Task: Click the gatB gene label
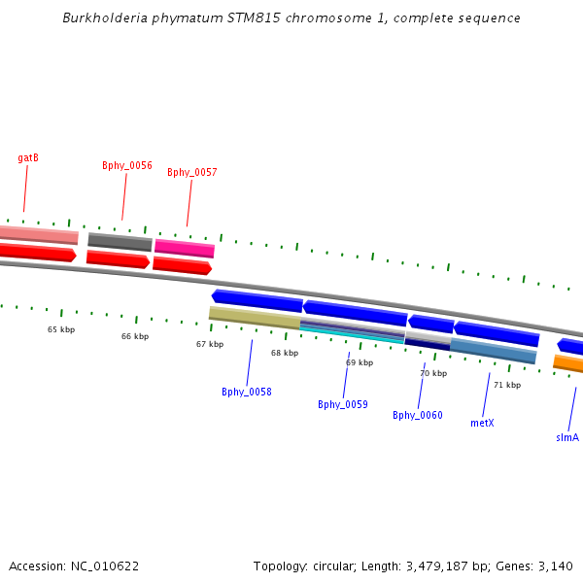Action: pyautogui.click(x=28, y=157)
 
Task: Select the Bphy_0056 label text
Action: pyautogui.click(x=127, y=165)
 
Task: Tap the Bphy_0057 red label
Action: pyautogui.click(x=192, y=172)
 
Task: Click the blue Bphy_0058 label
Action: pyautogui.click(x=247, y=392)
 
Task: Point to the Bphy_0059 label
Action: pyautogui.click(x=343, y=404)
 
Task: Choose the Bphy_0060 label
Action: pyautogui.click(x=418, y=415)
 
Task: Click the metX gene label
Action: pyautogui.click(x=483, y=423)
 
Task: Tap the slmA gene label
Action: pyautogui.click(x=567, y=437)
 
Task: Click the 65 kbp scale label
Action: pyautogui.click(x=61, y=329)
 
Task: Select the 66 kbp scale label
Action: pyautogui.click(x=135, y=336)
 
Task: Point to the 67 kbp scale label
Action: pyautogui.click(x=210, y=344)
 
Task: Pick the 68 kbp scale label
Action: pyautogui.click(x=285, y=353)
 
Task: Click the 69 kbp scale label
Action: pyautogui.click(x=360, y=362)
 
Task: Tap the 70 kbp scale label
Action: pyautogui.click(x=433, y=373)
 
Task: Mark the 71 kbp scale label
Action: pyautogui.click(x=507, y=385)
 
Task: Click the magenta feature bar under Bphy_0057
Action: pyautogui.click(x=185, y=248)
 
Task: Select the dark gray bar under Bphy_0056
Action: pyautogui.click(x=120, y=241)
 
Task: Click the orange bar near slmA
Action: pyautogui.click(x=568, y=364)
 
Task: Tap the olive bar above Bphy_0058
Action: pyautogui.click(x=255, y=316)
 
